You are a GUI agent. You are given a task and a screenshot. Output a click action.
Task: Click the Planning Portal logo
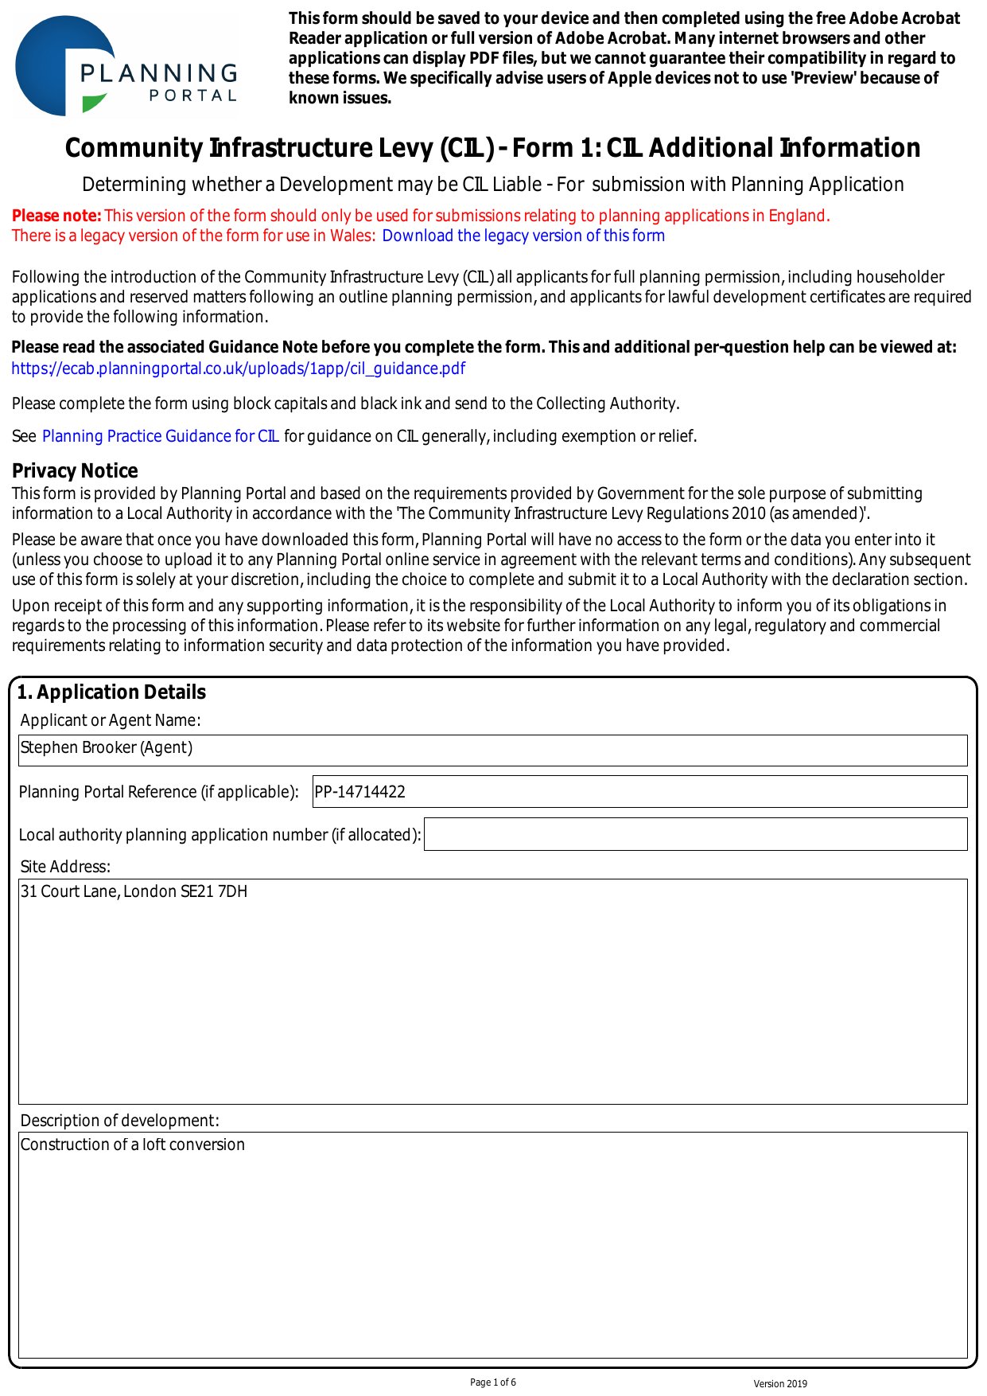point(126,67)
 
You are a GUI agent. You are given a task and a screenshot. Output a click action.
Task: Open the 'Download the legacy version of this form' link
point(523,236)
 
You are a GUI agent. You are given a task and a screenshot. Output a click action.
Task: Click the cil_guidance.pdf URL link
point(238,368)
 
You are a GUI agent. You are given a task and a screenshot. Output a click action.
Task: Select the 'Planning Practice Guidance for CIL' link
point(161,436)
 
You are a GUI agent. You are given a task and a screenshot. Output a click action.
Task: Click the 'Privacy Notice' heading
point(75,470)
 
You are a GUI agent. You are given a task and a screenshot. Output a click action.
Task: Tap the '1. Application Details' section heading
point(111,692)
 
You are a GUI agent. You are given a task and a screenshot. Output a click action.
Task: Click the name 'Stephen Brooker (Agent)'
point(107,748)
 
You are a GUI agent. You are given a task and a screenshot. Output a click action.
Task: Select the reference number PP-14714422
point(360,792)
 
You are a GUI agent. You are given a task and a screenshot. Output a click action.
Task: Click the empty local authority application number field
point(695,834)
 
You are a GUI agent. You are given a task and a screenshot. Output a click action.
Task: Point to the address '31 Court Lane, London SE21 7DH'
point(134,891)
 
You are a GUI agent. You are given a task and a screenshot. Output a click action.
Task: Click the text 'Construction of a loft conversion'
point(133,1144)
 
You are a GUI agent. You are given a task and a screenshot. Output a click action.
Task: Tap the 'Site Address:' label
point(65,867)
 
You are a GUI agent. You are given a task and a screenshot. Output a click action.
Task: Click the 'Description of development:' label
point(119,1121)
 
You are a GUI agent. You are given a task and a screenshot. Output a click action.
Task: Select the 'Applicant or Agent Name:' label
point(111,720)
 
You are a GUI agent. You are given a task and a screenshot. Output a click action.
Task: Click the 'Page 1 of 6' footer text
point(493,1382)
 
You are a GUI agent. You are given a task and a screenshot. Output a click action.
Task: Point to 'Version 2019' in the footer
point(780,1384)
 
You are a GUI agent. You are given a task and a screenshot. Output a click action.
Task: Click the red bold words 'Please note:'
point(56,216)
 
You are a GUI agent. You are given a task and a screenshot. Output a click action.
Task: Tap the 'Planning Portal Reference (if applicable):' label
point(158,792)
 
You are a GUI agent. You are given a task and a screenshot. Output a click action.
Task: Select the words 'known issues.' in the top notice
point(340,99)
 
